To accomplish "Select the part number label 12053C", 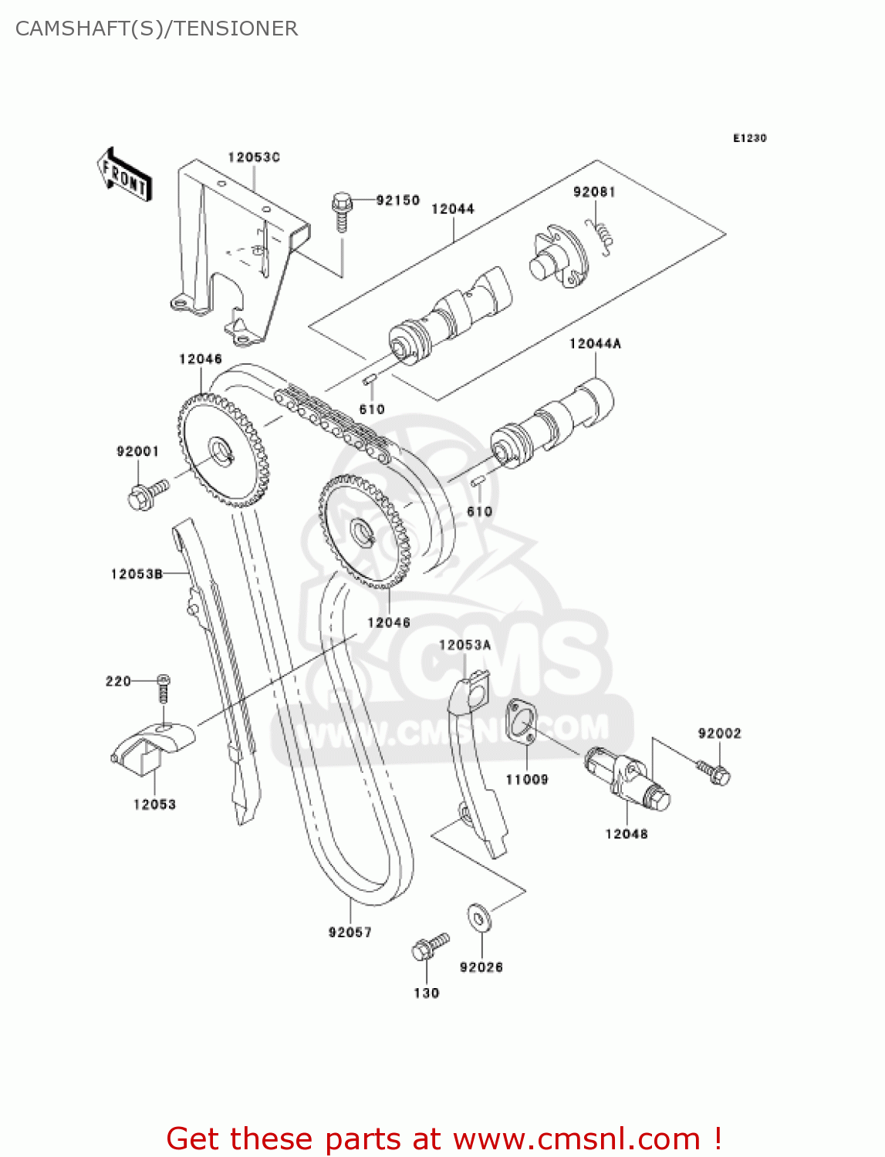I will (253, 157).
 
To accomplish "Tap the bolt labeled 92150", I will (342, 210).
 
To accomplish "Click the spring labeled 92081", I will (602, 234).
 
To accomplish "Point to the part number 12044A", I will (594, 344).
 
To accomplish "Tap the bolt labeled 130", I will (429, 947).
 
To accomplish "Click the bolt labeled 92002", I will (714, 772).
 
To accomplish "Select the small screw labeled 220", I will (163, 687).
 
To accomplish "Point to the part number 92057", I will (350, 933).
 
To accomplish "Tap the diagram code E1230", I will (749, 138).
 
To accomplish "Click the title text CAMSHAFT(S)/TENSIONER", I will (157, 29).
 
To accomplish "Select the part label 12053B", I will (137, 574).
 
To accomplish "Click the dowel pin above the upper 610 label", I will (369, 379).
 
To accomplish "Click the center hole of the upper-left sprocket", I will (221, 449).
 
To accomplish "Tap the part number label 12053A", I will (464, 645).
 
